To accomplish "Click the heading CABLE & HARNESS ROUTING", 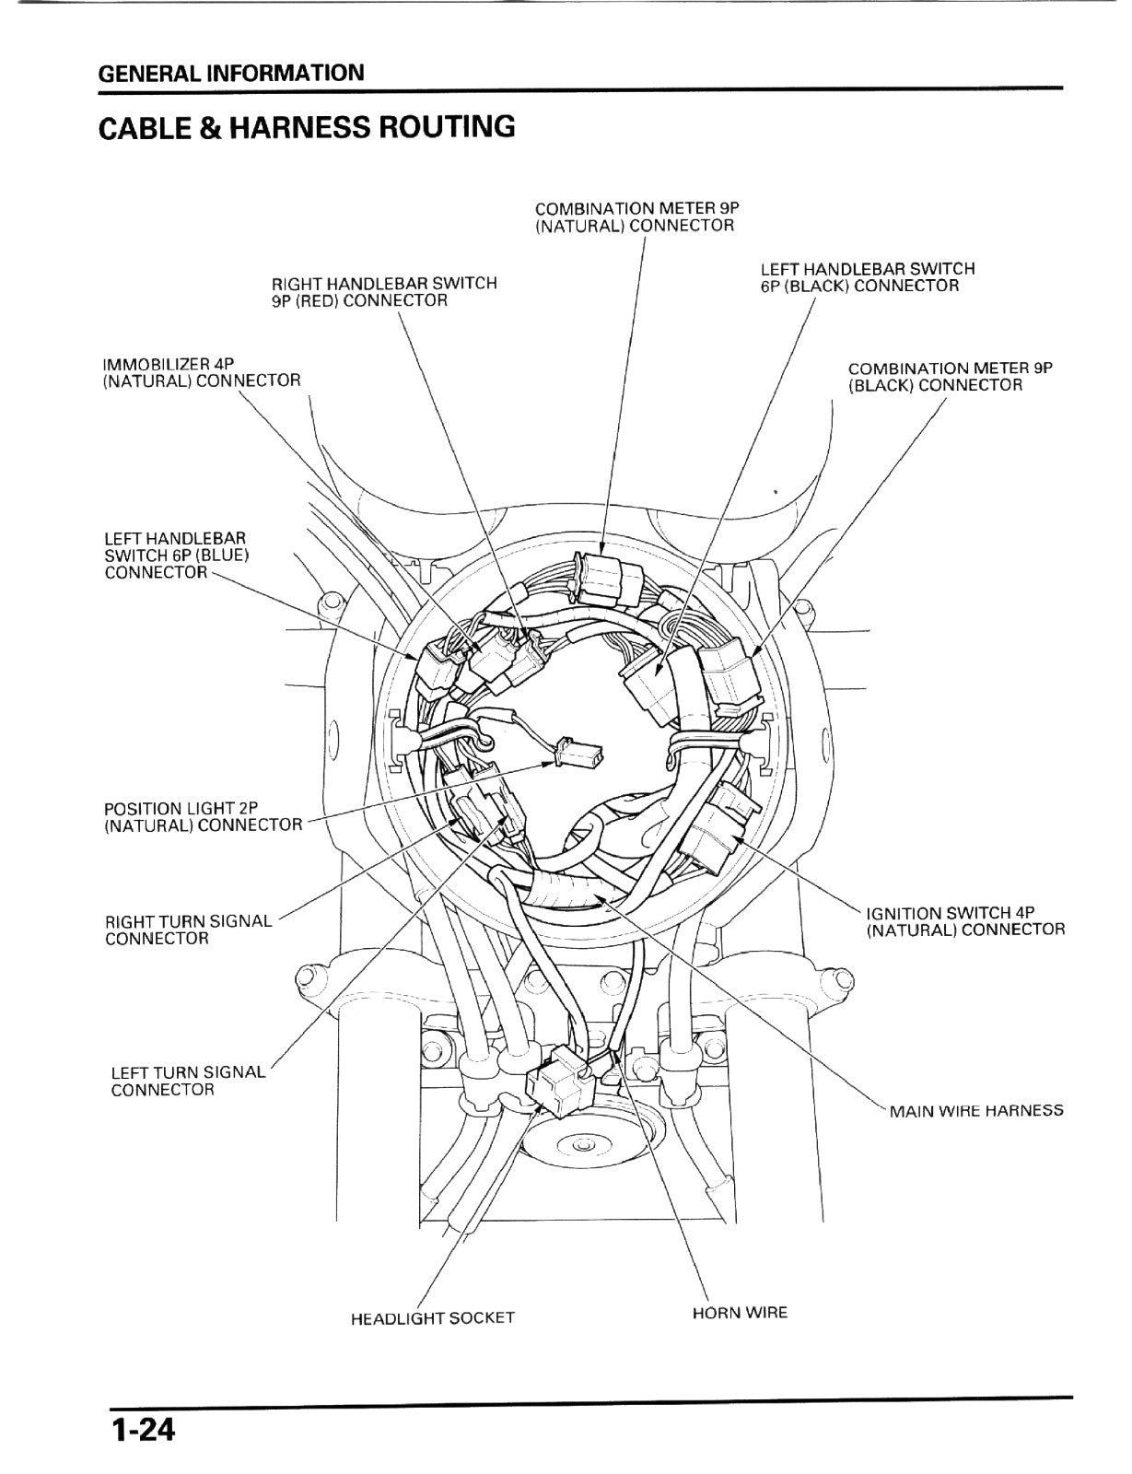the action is [308, 127].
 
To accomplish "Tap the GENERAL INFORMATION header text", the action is [231, 73].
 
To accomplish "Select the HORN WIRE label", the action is [740, 1313].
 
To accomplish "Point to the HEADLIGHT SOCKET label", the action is [433, 1318].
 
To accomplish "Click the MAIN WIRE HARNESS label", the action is [976, 1110].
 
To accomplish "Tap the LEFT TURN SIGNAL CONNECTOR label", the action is [188, 1081].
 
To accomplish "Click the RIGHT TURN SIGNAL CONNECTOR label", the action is [188, 930].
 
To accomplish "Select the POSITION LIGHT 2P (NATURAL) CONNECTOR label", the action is [203, 817].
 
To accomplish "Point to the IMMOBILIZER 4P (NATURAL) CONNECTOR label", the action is [201, 371].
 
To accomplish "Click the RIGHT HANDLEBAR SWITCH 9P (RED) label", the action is [384, 292].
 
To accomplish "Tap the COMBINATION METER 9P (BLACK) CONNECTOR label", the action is [951, 377].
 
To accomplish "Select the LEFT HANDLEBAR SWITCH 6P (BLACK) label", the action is [868, 276].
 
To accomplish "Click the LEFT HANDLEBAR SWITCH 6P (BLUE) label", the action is [177, 555].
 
